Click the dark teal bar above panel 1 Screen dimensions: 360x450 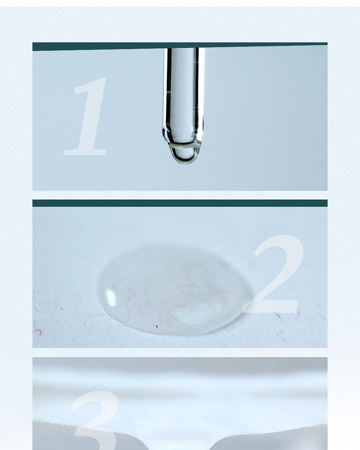click(x=180, y=46)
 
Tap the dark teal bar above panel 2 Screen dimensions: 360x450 click(x=180, y=203)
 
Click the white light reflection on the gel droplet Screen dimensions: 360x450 click(x=111, y=297)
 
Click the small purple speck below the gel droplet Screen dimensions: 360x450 click(x=157, y=326)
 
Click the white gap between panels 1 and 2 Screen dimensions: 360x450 click(x=180, y=195)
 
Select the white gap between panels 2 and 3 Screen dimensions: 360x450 click(x=180, y=352)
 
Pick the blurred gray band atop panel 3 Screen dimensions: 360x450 click(x=180, y=365)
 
